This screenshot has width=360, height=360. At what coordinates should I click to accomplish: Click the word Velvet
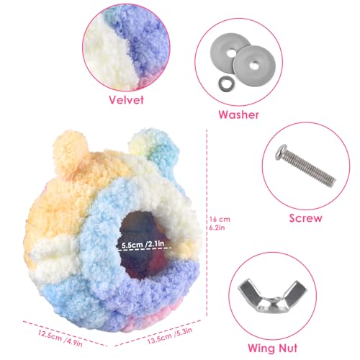click(126, 99)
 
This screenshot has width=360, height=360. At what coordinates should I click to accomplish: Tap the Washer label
click(238, 114)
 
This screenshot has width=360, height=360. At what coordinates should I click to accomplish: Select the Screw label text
click(305, 218)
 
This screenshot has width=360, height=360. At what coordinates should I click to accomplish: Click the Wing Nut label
click(272, 348)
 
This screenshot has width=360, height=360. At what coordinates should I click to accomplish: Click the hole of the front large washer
click(253, 64)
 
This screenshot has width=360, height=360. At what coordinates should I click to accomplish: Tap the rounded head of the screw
click(282, 151)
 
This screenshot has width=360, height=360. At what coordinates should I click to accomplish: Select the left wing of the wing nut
click(248, 290)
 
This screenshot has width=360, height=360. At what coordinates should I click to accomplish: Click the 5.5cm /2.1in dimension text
click(143, 245)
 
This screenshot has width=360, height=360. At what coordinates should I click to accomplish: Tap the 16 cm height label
click(220, 219)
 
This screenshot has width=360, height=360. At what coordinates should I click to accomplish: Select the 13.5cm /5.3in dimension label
click(170, 336)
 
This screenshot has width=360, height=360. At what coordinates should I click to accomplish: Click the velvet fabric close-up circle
click(126, 47)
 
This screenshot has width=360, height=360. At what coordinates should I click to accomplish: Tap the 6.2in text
click(217, 228)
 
